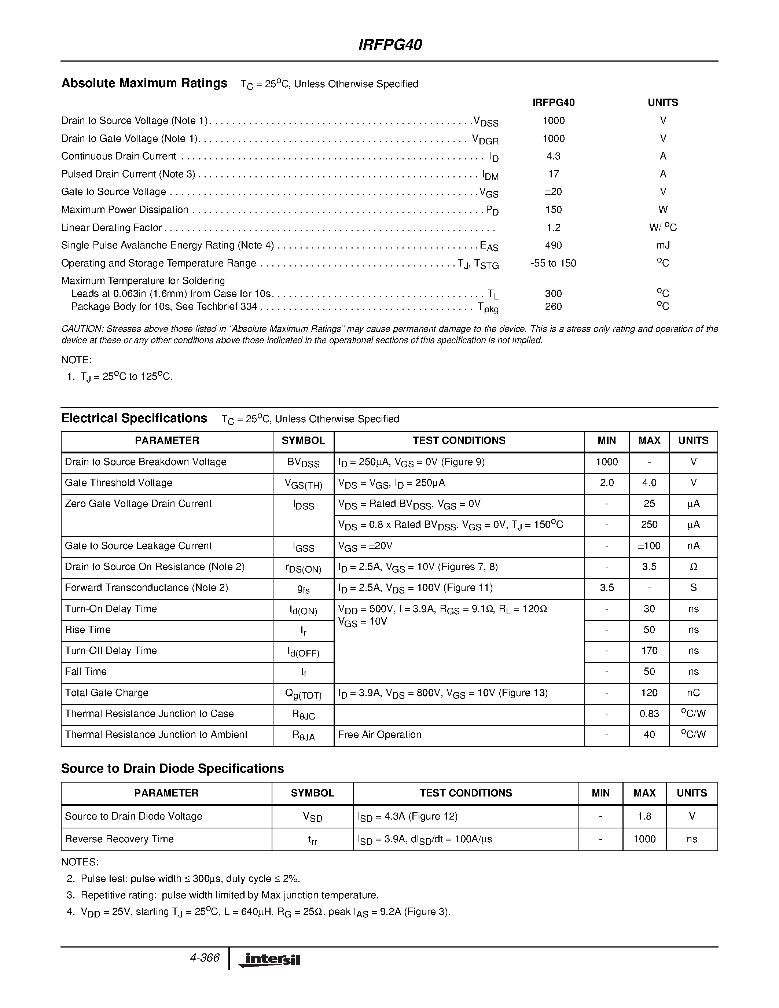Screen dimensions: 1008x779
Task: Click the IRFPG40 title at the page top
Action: (x=390, y=45)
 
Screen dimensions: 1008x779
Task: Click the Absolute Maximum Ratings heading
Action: (x=144, y=83)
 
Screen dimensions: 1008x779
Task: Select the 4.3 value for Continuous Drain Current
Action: (x=553, y=156)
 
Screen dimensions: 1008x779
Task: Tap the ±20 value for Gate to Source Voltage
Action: (x=553, y=192)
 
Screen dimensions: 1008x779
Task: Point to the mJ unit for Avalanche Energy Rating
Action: (x=663, y=245)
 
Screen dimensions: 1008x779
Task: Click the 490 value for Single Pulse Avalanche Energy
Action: (x=553, y=245)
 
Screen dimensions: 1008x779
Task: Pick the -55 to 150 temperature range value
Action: (x=553, y=263)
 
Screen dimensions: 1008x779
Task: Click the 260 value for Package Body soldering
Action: (x=553, y=306)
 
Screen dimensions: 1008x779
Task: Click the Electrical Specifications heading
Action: (x=134, y=418)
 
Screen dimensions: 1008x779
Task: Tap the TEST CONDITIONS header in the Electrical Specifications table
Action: (x=459, y=440)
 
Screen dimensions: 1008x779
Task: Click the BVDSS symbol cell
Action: (x=303, y=463)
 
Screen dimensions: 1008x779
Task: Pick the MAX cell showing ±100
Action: (x=649, y=546)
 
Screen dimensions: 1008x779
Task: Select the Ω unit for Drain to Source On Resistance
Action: (x=693, y=567)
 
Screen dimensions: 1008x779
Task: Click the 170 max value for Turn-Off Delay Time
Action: (x=649, y=651)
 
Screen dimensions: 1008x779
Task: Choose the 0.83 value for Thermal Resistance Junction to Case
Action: (x=649, y=714)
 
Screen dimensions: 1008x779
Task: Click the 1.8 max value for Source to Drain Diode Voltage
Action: (x=644, y=816)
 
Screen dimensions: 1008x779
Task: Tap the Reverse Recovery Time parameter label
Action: (x=119, y=839)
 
